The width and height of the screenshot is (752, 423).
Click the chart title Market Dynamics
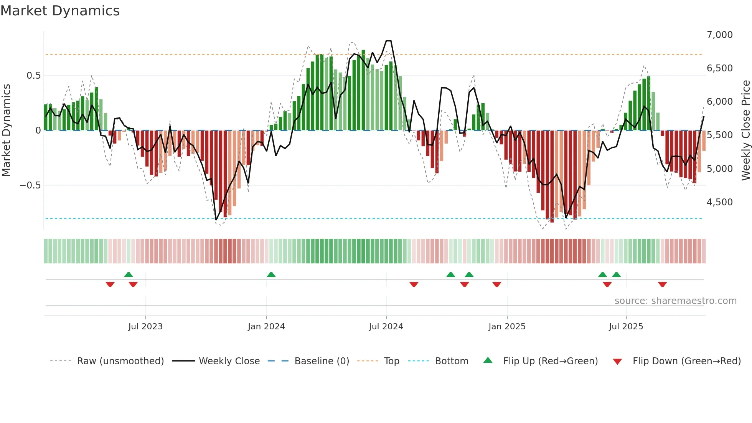(x=60, y=11)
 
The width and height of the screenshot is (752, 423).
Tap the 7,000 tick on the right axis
(x=719, y=35)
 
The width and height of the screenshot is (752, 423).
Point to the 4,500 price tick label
(x=719, y=202)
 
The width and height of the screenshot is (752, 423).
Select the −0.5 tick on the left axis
(x=30, y=185)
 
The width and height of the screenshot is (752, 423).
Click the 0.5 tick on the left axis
(x=33, y=76)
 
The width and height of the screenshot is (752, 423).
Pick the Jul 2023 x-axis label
(x=145, y=327)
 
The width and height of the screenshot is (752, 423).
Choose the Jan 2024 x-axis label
(x=266, y=327)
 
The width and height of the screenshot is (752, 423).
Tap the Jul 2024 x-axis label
(x=386, y=327)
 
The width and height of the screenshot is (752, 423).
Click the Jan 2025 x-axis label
(x=507, y=327)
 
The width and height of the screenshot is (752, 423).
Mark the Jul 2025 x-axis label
(x=626, y=327)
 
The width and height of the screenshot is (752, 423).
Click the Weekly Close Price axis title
(x=745, y=131)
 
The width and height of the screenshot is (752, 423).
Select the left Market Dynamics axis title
(x=6, y=131)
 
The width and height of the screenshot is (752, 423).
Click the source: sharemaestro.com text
(x=675, y=301)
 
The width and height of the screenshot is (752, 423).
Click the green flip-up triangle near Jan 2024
(x=271, y=274)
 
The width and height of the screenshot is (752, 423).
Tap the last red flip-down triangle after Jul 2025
(x=662, y=284)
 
